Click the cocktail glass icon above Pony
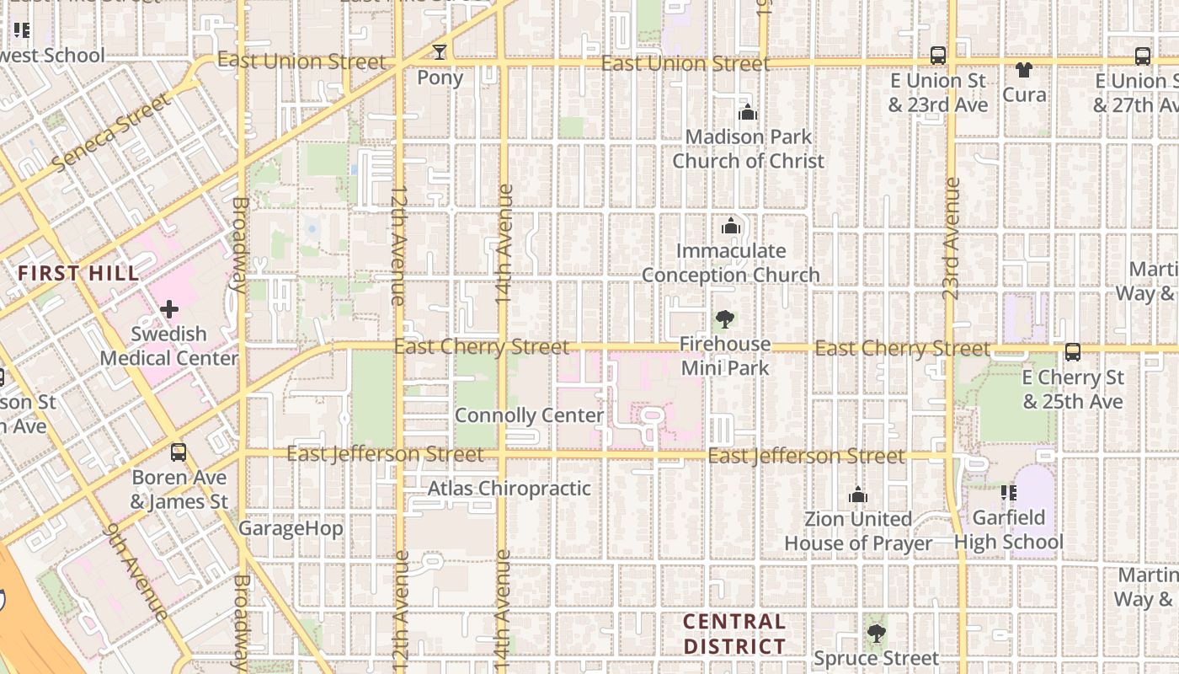tap(439, 52)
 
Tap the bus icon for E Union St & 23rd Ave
tap(937, 56)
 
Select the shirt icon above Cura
tap(1024, 69)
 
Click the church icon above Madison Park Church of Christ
tap(747, 112)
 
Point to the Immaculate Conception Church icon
tap(730, 227)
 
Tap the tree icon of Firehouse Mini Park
tap(724, 319)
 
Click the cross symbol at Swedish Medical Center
tap(169, 309)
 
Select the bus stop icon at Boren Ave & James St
tap(179, 452)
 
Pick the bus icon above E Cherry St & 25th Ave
tap(1073, 352)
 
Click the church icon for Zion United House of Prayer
tap(858, 495)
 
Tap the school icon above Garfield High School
tap(1008, 493)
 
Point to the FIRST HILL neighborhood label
tap(78, 273)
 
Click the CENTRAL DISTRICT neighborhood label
tap(734, 634)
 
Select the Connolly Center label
tap(529, 415)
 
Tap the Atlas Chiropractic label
tap(509, 489)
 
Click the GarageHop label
tap(291, 529)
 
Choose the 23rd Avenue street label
tap(952, 238)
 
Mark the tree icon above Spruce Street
tap(876, 633)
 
